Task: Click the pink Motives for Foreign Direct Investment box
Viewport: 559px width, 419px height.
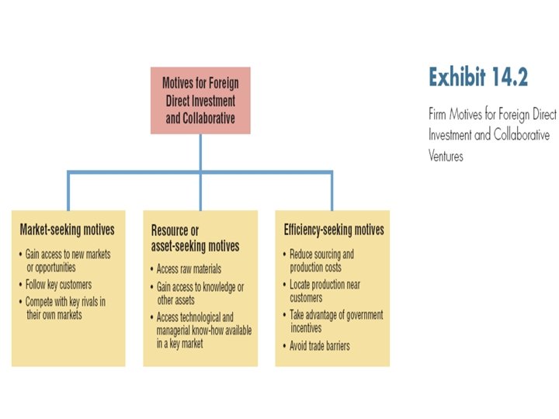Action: [x=200, y=100]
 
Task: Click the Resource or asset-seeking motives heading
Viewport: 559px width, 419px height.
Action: [x=195, y=239]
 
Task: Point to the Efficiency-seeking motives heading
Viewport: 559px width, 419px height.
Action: [x=334, y=230]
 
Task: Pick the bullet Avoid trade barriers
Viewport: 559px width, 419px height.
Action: [x=318, y=345]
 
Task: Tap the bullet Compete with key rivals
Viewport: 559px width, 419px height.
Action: [x=64, y=308]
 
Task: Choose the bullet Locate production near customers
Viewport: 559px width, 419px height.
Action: [x=324, y=291]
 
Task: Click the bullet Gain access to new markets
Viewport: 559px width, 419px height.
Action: [x=68, y=261]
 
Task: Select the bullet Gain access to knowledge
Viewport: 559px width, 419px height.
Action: [x=199, y=293]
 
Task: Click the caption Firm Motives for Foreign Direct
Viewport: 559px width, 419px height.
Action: [x=491, y=114]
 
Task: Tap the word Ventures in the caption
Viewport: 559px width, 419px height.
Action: [x=446, y=156]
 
